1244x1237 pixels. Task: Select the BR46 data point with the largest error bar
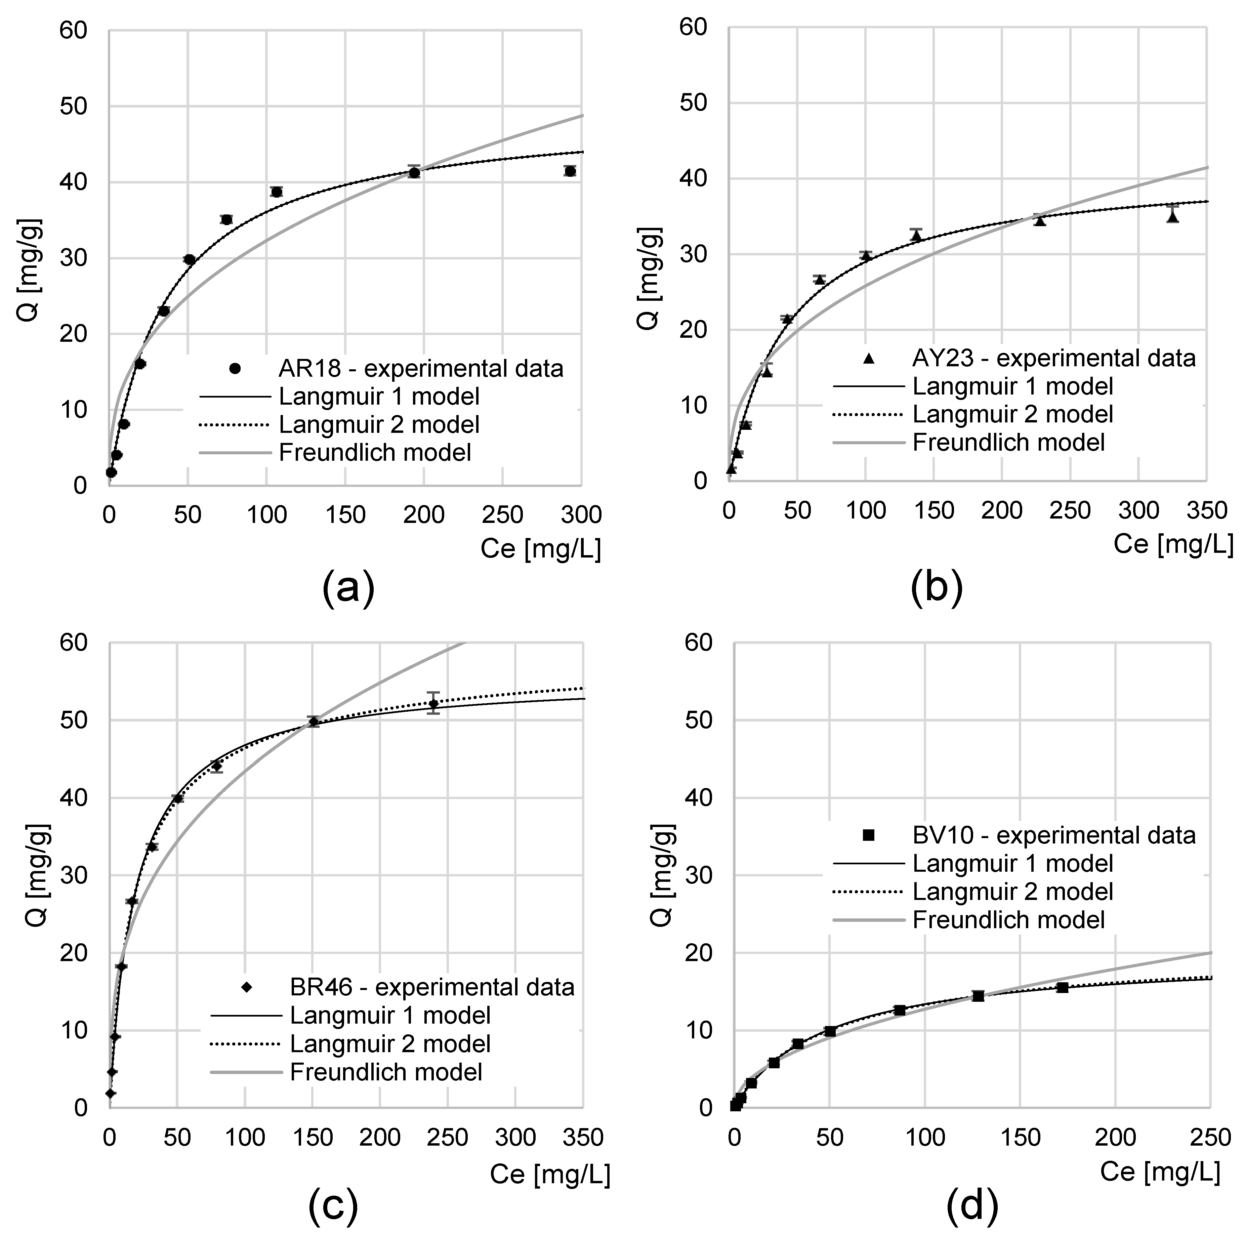[x=433, y=703]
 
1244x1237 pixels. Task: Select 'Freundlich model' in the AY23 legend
[x=1008, y=442]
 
